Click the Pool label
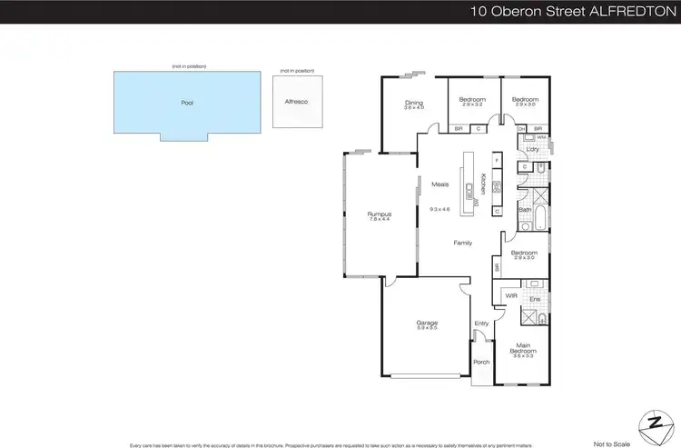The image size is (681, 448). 187,103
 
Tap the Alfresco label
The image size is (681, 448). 296,102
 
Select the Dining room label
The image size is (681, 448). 414,103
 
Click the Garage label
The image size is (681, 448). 427,323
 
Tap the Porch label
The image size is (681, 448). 481,362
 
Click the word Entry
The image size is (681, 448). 481,324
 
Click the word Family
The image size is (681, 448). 463,243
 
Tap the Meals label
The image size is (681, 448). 440,184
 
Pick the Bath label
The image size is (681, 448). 524,210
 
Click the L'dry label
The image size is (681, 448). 533,149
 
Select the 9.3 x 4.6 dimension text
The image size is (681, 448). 440,210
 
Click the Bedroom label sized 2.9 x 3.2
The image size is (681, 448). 472,99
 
